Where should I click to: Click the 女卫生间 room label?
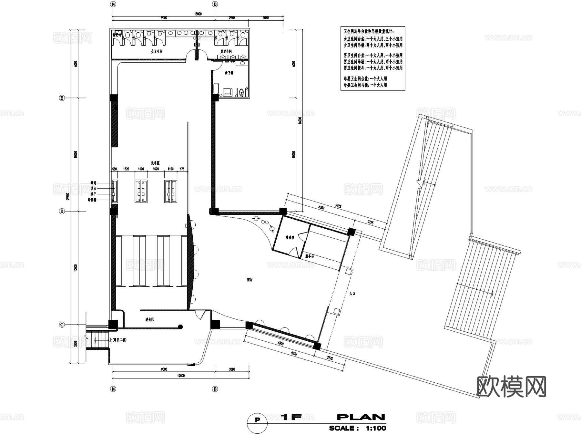click(157, 52)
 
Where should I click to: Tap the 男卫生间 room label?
click(226, 52)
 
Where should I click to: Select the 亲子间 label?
click(229, 73)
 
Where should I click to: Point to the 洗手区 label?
click(155, 163)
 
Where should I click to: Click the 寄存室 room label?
click(290, 237)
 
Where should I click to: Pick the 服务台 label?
click(309, 256)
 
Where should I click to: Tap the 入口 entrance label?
click(352, 294)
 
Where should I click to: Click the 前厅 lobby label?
click(250, 280)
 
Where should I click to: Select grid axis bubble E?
click(62, 98)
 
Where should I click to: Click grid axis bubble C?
click(62, 325)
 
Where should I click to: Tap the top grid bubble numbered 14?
click(113, 4)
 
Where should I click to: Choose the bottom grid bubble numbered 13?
click(215, 389)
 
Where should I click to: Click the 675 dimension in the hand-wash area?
click(182, 169)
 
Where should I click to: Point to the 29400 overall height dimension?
click(68, 196)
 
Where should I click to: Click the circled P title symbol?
click(257, 420)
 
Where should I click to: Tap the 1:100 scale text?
click(376, 429)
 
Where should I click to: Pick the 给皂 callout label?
click(93, 183)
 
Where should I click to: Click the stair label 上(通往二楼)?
click(118, 340)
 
